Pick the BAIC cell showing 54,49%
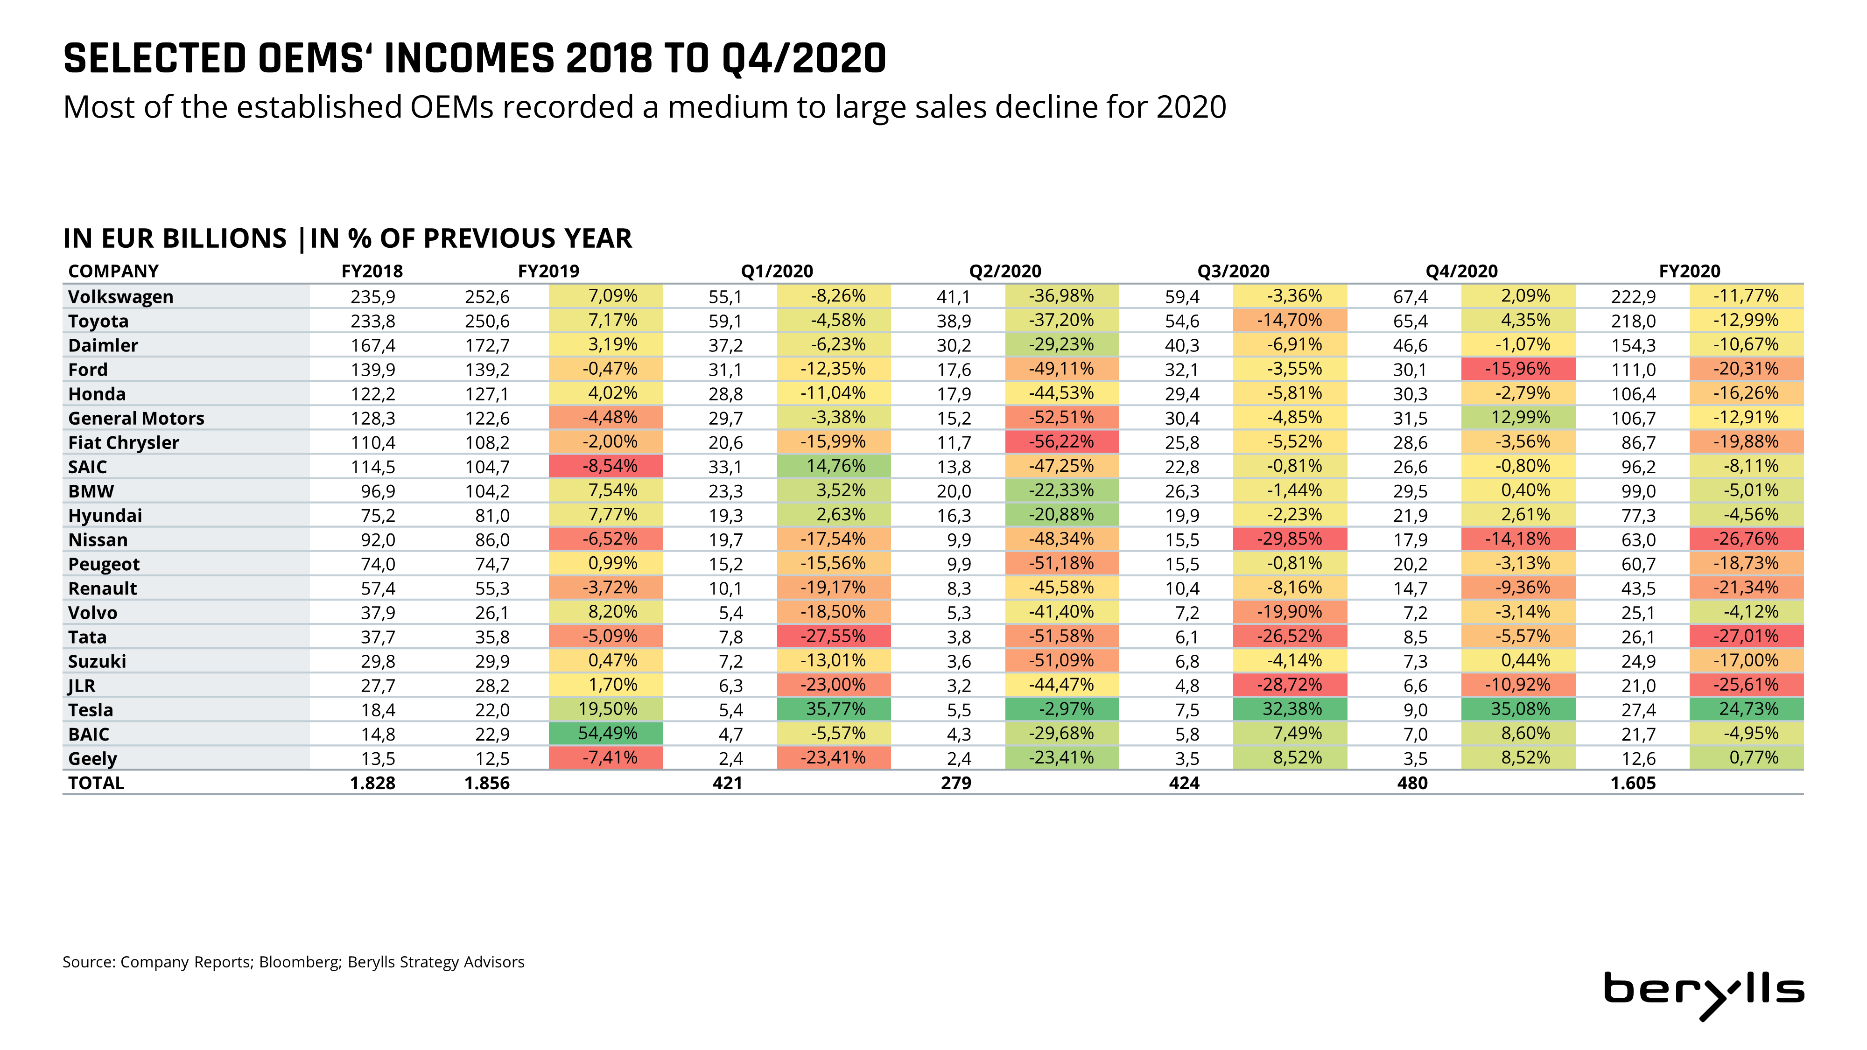[x=607, y=733]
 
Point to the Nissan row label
[x=98, y=540]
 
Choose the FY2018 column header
[x=372, y=271]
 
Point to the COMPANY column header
[x=113, y=271]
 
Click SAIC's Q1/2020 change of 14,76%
[x=835, y=466]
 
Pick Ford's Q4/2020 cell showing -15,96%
[x=1518, y=369]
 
